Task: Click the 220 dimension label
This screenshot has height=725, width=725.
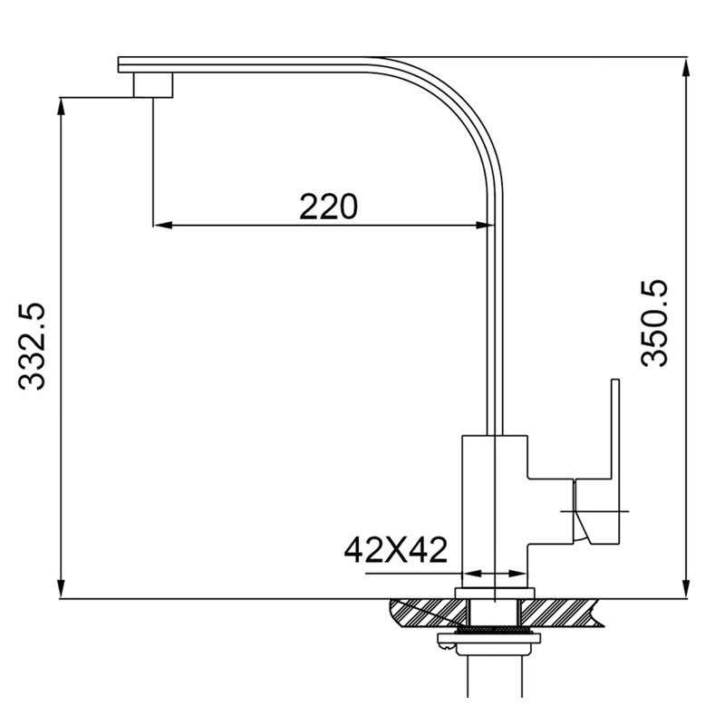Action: click(328, 207)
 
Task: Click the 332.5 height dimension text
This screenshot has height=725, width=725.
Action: click(32, 347)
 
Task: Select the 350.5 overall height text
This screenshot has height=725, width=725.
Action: click(654, 324)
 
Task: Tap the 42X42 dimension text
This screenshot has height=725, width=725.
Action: click(396, 550)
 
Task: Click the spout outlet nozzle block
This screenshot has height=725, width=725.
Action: click(153, 85)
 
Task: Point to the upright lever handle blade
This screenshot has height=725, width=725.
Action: click(615, 430)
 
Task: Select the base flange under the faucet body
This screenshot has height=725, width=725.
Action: click(495, 594)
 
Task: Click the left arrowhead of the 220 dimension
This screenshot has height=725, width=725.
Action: click(162, 226)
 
